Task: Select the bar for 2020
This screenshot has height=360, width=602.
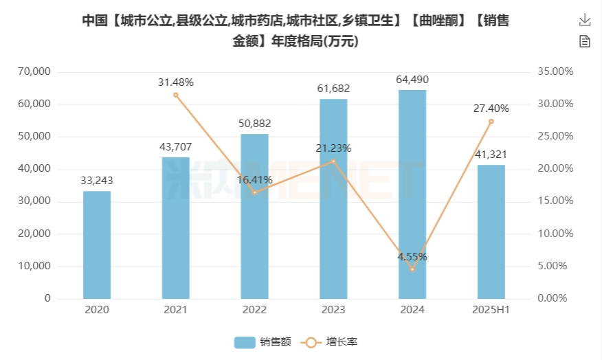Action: [97, 245]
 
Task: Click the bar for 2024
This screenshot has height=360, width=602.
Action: [412, 194]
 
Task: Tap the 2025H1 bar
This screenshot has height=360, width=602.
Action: [491, 232]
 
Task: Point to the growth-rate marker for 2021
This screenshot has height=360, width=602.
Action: [176, 95]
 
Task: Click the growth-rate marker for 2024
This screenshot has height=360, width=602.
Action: [412, 269]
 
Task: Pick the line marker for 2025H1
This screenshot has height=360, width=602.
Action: [491, 122]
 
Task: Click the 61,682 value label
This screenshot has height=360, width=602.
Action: [333, 88]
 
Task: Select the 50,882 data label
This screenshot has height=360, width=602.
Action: [254, 124]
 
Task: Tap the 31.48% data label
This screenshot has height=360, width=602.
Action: [176, 82]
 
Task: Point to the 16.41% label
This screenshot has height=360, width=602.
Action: [254, 179]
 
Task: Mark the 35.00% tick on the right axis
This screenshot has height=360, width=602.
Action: [555, 71]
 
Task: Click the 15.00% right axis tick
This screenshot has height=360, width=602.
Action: [555, 201]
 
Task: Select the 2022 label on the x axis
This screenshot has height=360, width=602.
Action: [254, 310]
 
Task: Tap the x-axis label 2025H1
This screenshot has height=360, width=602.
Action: [491, 310]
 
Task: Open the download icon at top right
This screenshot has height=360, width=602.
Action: [585, 19]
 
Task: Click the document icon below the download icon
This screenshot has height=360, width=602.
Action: [585, 41]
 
